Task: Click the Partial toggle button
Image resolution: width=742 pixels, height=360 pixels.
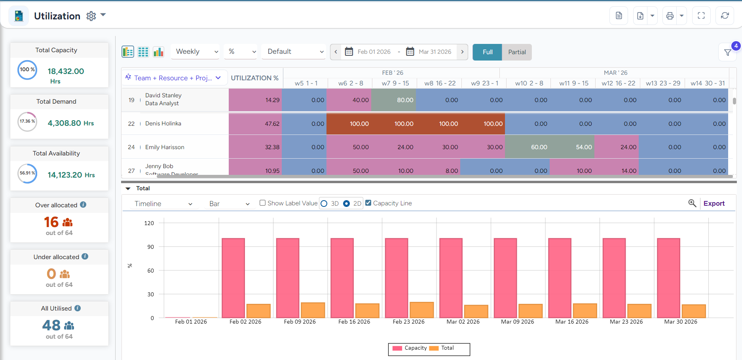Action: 516,52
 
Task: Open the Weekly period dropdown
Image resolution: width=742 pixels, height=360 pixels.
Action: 195,52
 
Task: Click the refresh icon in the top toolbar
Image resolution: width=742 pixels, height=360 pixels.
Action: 725,16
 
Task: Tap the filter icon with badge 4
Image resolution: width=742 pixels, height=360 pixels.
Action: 727,53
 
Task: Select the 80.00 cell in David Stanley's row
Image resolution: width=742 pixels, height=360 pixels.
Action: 393,100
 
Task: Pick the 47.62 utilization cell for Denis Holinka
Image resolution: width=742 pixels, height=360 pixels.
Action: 255,124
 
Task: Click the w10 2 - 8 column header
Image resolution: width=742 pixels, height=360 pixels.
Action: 529,83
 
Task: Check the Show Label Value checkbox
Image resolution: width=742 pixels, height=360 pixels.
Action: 262,203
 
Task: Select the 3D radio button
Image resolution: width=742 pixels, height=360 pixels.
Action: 324,203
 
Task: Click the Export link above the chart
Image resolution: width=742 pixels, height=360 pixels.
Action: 714,203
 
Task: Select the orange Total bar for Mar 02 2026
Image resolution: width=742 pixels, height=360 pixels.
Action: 476,311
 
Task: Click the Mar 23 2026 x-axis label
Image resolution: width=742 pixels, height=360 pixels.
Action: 626,322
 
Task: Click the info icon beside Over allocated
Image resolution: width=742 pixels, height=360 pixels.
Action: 83,205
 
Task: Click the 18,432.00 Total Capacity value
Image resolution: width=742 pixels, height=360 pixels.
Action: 66,72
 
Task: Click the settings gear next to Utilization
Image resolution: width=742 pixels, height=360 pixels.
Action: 91,16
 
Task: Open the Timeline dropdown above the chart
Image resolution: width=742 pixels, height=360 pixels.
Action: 163,204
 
